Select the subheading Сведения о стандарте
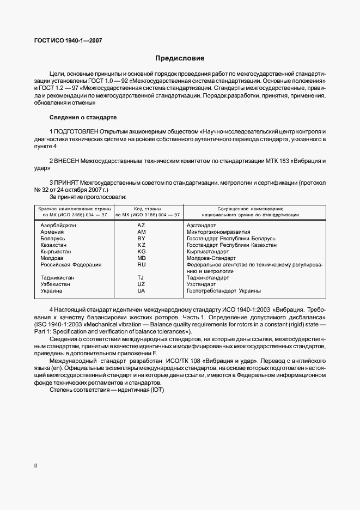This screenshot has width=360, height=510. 82,117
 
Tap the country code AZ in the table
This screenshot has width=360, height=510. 142,225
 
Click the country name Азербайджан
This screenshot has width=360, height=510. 58,225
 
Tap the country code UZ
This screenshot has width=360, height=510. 142,284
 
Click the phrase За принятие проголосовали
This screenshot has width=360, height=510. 88,197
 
